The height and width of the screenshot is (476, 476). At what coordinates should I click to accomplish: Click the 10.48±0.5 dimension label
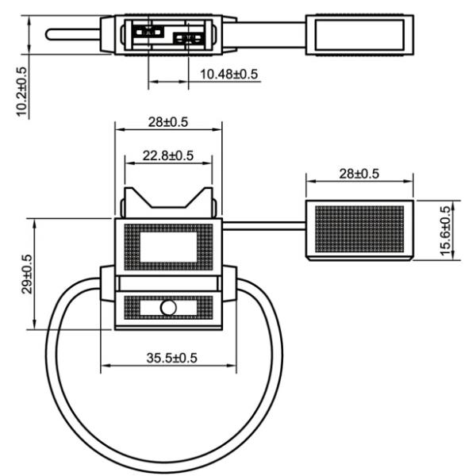[229, 75]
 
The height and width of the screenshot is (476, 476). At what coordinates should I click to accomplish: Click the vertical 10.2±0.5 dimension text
[21, 92]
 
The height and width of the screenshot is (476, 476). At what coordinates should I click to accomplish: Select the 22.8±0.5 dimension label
[168, 155]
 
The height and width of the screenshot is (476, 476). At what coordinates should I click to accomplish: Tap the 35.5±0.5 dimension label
[172, 357]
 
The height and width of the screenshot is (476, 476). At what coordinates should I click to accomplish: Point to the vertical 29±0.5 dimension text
[26, 274]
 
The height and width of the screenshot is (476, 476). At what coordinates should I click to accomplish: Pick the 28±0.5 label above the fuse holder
[167, 122]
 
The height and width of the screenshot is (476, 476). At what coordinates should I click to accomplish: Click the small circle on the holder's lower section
[167, 309]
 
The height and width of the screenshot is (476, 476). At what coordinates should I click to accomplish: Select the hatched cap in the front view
[359, 229]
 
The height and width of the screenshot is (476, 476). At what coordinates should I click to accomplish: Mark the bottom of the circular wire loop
[167, 466]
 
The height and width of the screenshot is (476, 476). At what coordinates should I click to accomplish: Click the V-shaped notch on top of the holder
[167, 199]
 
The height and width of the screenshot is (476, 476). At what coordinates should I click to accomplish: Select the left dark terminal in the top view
[148, 33]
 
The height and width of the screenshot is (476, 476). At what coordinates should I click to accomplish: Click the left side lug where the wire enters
[108, 285]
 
